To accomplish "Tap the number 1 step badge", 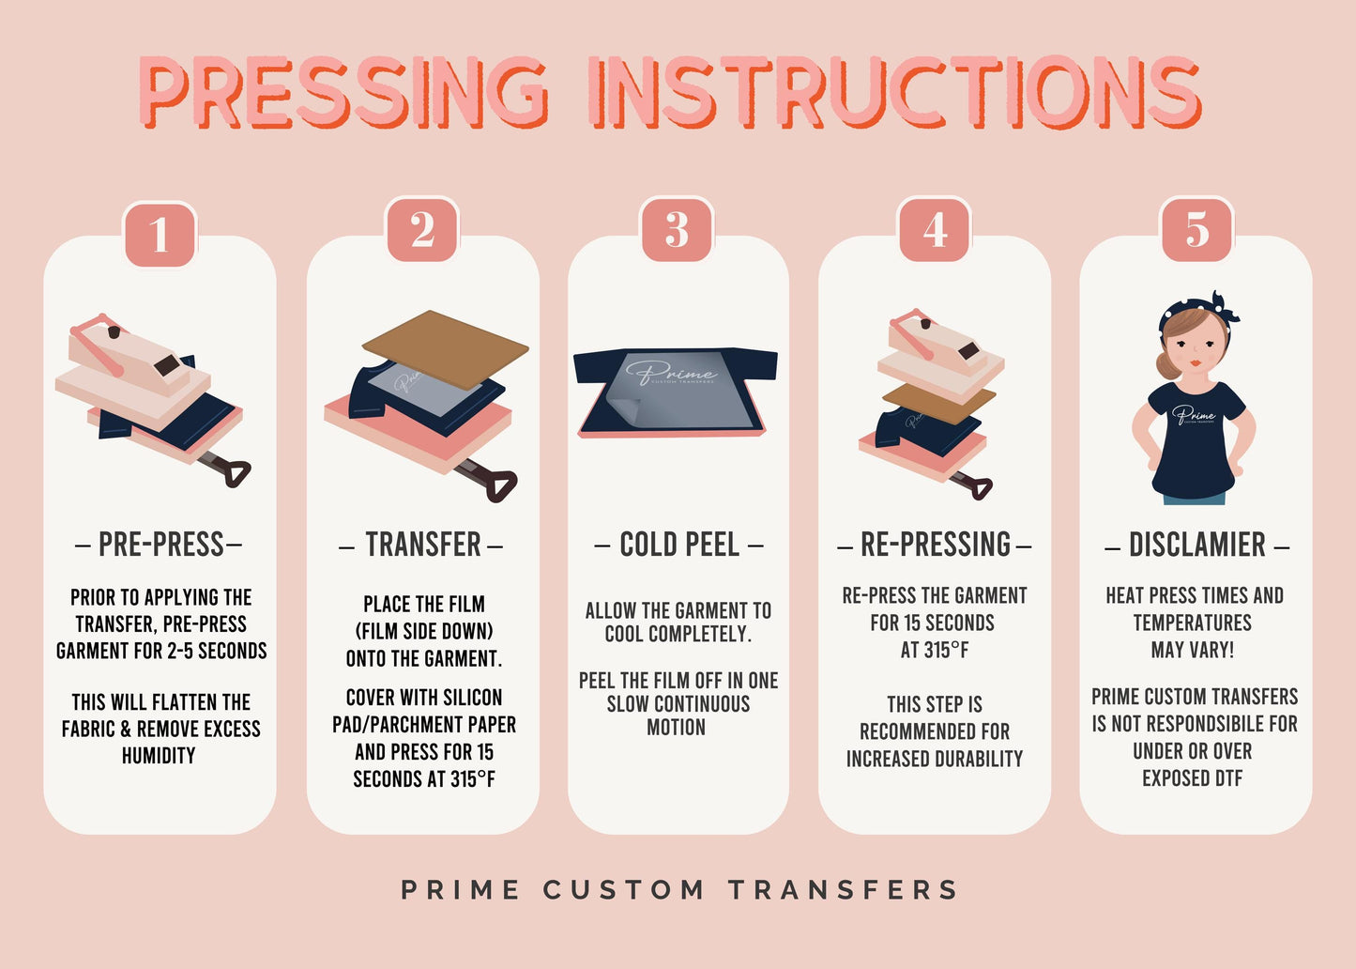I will pyautogui.click(x=160, y=232).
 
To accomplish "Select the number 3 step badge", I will pyautogui.click(x=677, y=230).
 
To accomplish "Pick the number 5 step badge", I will pyautogui.click(x=1196, y=230).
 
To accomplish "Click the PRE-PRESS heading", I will pyautogui.click(x=160, y=545).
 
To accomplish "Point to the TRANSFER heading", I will pyautogui.click(x=422, y=545).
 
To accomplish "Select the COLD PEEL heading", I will pyautogui.click(x=678, y=545).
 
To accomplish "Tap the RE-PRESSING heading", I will pyautogui.click(x=935, y=545).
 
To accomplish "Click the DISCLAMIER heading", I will pyautogui.click(x=1196, y=545).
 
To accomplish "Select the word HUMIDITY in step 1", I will pyautogui.click(x=159, y=756).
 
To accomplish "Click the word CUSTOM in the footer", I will pyautogui.click(x=624, y=889).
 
